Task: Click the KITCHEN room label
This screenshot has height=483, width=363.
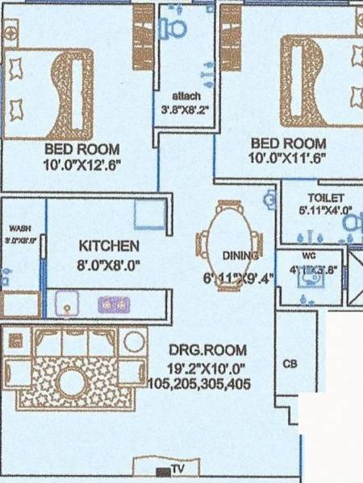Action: coord(109,246)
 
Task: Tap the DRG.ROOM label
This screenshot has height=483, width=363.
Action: coord(208,350)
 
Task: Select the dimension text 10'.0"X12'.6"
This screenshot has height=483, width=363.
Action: coord(81,167)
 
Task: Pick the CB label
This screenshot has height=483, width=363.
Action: coord(290,364)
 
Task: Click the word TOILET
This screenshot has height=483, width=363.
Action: coord(325,198)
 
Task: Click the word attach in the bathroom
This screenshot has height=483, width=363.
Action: coord(186,97)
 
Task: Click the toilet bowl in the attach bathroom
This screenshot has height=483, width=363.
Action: coord(174,27)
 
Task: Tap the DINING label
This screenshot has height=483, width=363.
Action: coord(240,256)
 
